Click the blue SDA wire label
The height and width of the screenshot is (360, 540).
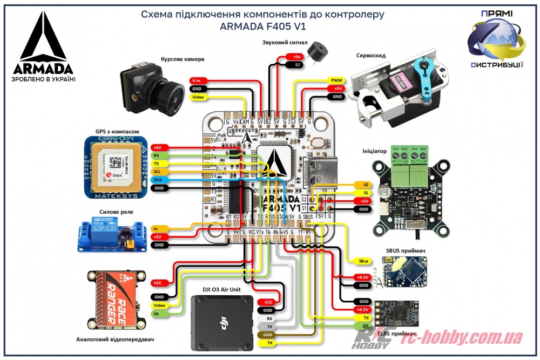158,180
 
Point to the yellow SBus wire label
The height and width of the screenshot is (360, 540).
364,261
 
